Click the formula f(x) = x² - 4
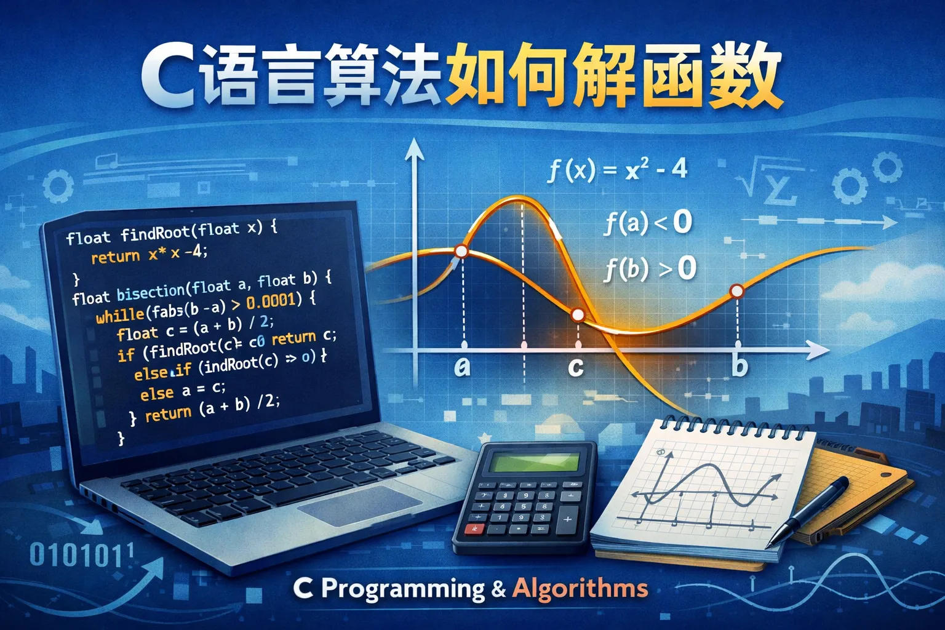point(617,168)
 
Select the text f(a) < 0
point(648,222)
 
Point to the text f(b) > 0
point(650,269)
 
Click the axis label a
point(462,366)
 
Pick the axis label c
point(576,367)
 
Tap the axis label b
point(740,366)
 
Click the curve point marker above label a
point(461,251)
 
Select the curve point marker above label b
point(736,290)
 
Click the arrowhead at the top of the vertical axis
point(414,148)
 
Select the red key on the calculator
point(474,528)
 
